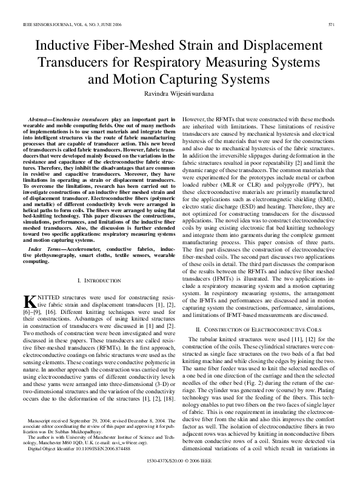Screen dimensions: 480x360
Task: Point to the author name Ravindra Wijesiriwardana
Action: click(179, 93)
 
